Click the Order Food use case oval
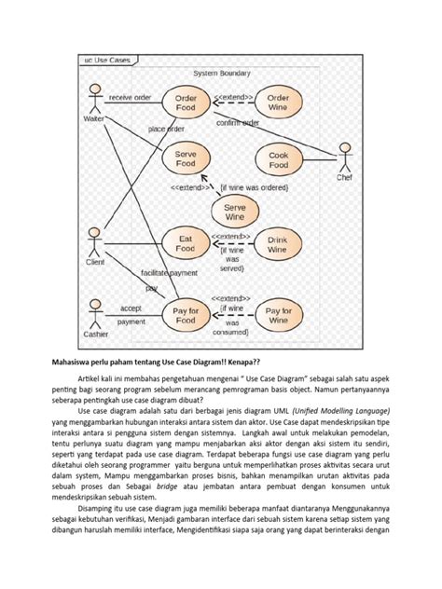(186, 103)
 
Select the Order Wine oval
(278, 103)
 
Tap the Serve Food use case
(186, 158)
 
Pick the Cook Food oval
(278, 158)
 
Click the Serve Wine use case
(235, 212)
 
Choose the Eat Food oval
(186, 244)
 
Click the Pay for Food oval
(186, 316)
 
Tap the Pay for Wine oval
(278, 316)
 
